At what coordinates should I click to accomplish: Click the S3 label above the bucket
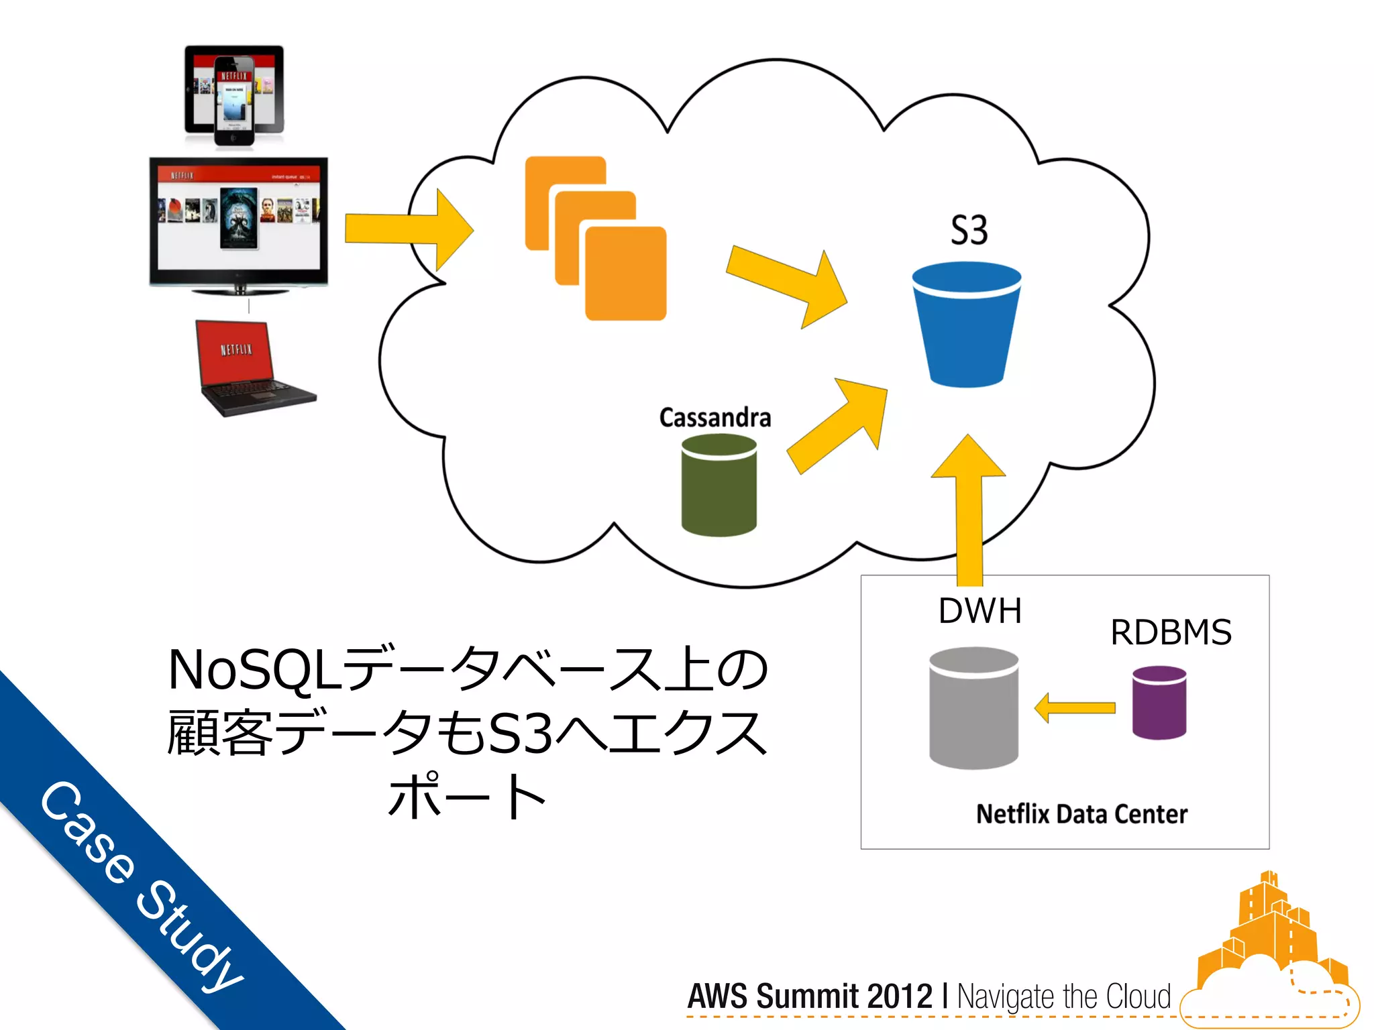[969, 231]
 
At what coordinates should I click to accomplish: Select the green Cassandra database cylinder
[719, 485]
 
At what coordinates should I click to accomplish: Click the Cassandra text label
[715, 418]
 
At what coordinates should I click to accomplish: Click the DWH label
[980, 611]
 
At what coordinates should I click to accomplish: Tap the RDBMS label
[1171, 632]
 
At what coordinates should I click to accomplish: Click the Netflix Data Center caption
[1081, 814]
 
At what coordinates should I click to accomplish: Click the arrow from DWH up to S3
[969, 510]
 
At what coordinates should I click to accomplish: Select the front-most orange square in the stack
[625, 274]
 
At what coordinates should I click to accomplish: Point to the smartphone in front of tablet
[233, 101]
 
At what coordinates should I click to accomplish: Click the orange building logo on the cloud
[1268, 932]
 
